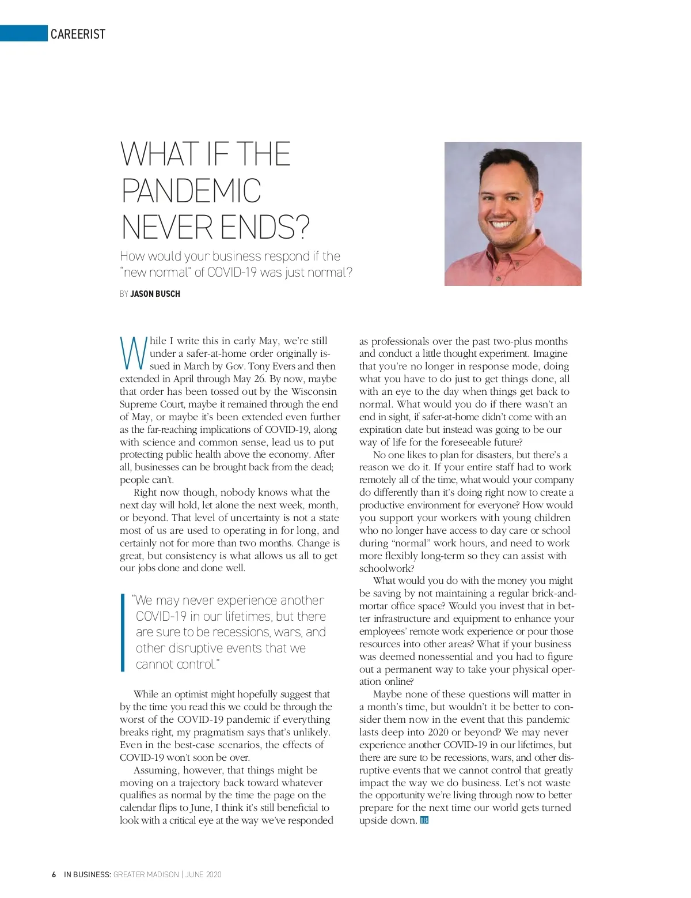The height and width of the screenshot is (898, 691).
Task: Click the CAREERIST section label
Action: coord(78,35)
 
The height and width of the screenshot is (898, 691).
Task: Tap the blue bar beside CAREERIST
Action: coord(23,33)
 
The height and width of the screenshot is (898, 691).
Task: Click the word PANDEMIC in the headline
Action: coord(191,191)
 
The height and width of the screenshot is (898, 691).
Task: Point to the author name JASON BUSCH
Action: coord(155,294)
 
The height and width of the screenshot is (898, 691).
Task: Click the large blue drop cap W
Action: coord(132,352)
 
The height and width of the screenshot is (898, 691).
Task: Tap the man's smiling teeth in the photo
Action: coord(502,223)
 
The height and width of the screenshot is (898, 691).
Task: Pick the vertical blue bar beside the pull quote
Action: coord(122,632)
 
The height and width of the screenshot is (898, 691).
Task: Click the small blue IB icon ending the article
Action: coord(424,820)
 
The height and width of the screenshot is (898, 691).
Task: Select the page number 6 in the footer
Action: coord(54,874)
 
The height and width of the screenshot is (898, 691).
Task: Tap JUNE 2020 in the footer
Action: coord(203,874)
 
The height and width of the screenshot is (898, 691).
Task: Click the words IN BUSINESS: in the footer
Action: coord(88,874)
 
